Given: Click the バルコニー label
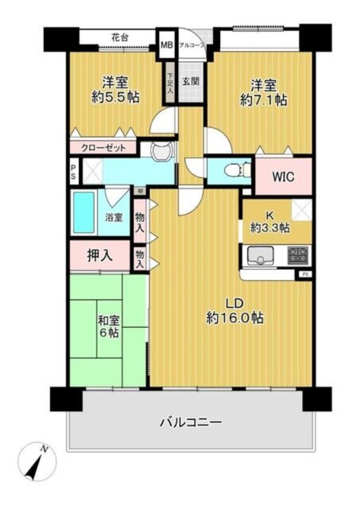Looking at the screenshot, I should [x=190, y=421].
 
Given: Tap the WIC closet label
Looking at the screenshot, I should [x=283, y=177].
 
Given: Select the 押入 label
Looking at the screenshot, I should [x=100, y=255].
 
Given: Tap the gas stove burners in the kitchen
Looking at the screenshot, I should [x=297, y=256].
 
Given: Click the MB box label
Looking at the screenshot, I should [x=167, y=45].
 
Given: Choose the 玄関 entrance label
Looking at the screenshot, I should [x=190, y=81].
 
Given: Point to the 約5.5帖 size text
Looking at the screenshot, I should [x=115, y=97].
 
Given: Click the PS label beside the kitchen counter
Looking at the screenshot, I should [x=306, y=274].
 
